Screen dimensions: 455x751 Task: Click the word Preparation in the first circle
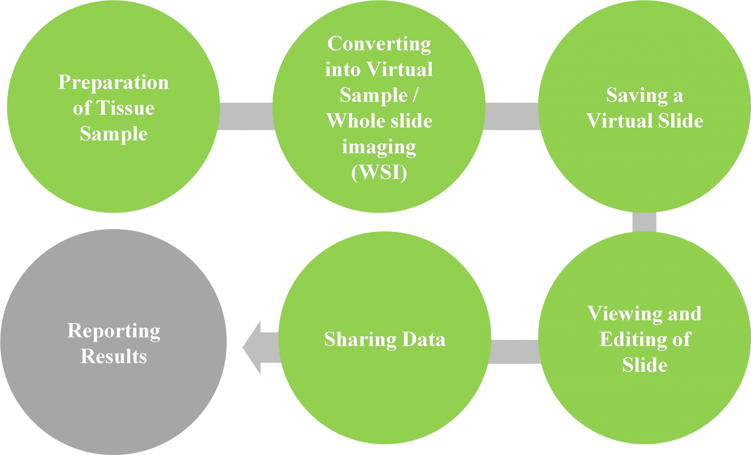[113, 83]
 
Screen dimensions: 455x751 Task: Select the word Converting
[379, 44]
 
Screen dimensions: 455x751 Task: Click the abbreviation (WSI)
[379, 172]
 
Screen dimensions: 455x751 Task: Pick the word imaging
[379, 146]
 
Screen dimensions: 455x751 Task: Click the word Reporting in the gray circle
[113, 331]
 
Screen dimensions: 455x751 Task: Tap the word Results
[113, 356]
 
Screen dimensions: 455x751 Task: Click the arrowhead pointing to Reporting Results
[252, 348]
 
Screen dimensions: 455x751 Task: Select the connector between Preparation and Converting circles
[245, 116]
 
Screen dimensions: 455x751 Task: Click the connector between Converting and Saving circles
[511, 116]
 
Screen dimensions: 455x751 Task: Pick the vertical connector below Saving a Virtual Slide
[644, 222]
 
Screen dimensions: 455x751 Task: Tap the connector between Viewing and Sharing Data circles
[514, 352]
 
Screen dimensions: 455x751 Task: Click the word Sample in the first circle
[113, 134]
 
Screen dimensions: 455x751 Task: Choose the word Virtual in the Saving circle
[617, 121]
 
